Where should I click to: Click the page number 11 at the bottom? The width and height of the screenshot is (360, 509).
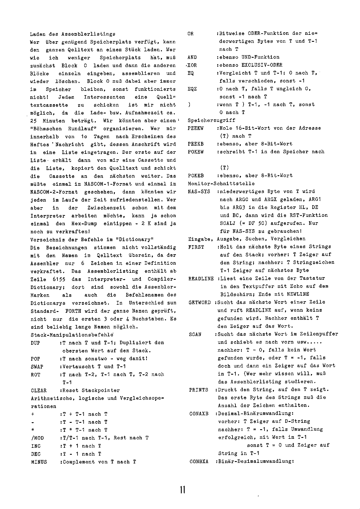(182, 490)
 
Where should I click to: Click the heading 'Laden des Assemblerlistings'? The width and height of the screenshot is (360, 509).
(73, 34)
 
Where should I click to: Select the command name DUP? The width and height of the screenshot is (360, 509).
(35, 343)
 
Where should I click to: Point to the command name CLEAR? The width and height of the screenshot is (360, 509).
(39, 390)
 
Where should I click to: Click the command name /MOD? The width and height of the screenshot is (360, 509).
(37, 438)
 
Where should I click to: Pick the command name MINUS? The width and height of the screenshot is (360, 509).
(39, 462)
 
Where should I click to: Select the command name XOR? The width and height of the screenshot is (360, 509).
(192, 65)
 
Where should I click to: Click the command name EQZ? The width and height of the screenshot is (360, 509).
(192, 89)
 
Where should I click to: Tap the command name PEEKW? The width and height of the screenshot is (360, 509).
(196, 128)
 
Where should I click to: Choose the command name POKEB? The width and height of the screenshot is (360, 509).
(196, 176)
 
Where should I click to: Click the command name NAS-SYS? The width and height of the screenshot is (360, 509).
(199, 192)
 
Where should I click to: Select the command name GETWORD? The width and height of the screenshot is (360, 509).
(200, 302)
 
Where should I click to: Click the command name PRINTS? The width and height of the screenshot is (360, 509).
(199, 390)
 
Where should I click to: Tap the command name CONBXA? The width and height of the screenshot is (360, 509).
(199, 461)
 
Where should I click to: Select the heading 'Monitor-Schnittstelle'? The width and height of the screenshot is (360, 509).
(221, 184)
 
